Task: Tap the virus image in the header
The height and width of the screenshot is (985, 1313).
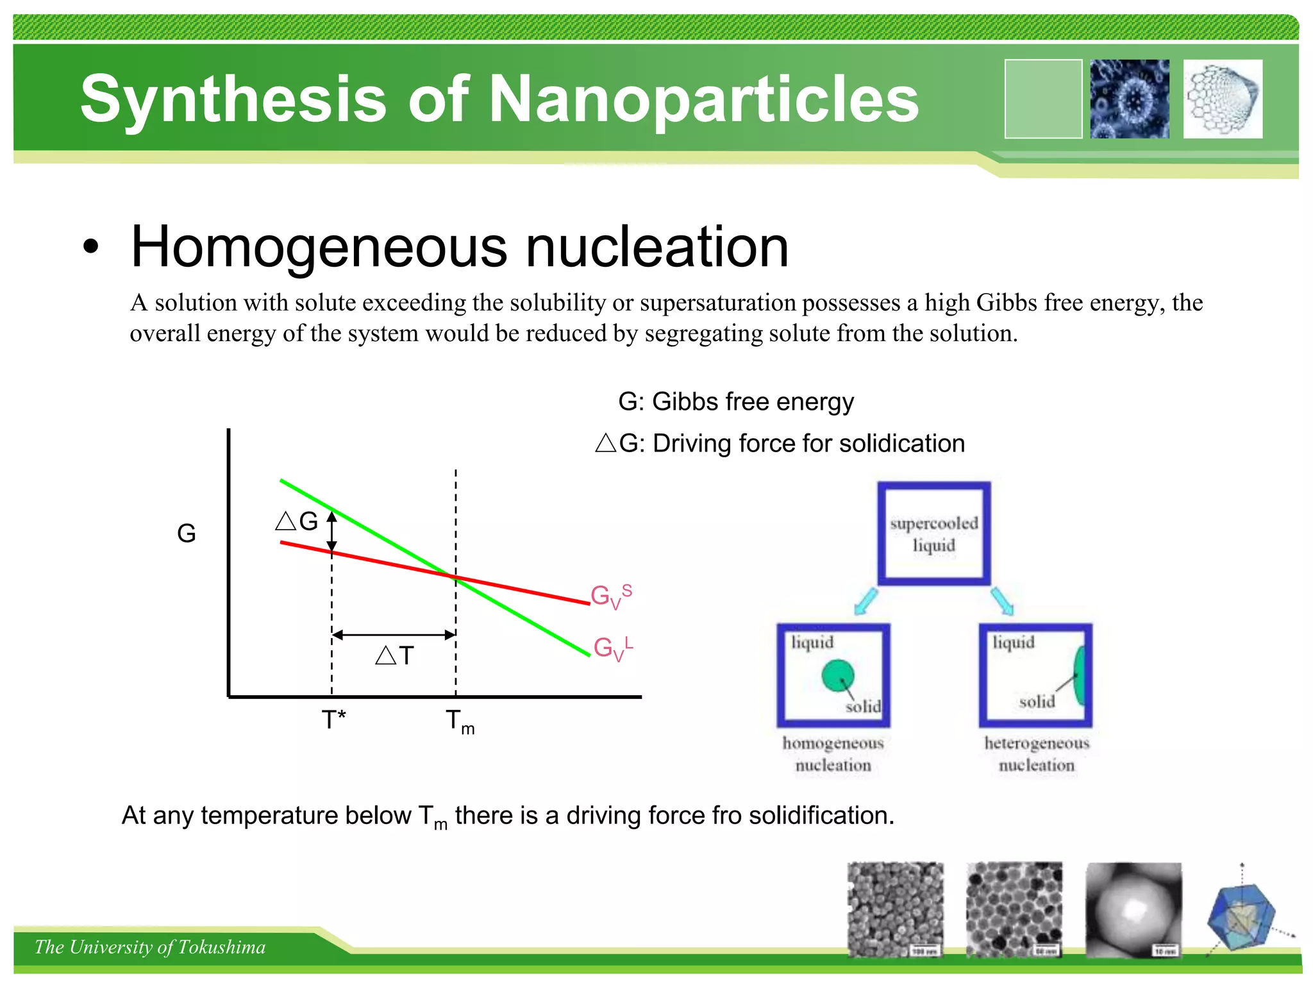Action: tap(1130, 99)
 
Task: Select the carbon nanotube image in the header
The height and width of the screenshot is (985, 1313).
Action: tap(1223, 99)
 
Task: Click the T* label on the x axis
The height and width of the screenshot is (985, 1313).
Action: tap(333, 720)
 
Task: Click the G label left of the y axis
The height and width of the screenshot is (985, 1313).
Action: tap(186, 534)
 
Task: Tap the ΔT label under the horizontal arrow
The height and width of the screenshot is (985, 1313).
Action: tap(395, 655)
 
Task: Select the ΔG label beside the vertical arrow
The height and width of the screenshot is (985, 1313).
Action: tap(297, 521)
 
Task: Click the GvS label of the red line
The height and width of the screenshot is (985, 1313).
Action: tap(610, 596)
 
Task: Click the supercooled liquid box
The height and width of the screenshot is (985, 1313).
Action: tap(934, 534)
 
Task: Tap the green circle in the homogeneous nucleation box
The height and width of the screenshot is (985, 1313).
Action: tap(838, 675)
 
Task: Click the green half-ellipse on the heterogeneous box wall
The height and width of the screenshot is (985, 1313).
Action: tap(1080, 675)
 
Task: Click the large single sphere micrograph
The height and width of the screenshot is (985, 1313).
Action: tap(1133, 909)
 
